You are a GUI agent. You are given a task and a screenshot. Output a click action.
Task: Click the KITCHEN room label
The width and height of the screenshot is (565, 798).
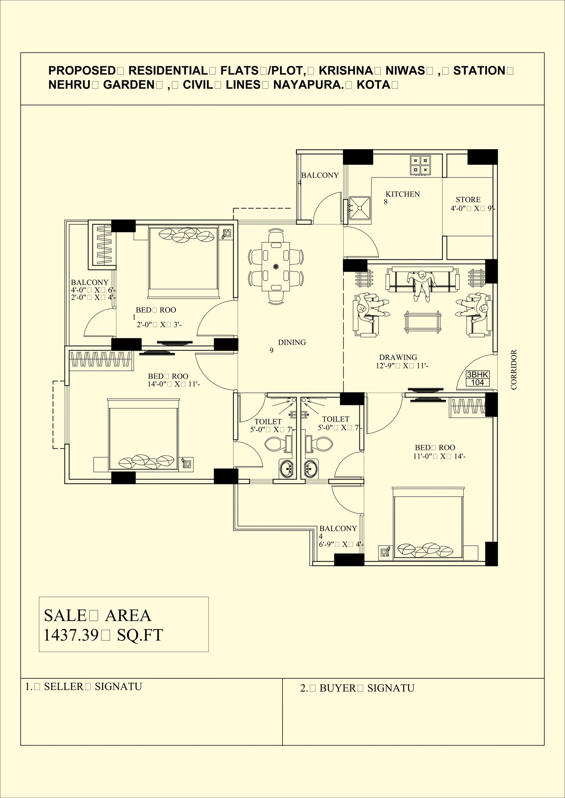(x=403, y=194)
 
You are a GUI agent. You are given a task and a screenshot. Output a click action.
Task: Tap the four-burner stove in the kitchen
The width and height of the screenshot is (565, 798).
(x=420, y=165)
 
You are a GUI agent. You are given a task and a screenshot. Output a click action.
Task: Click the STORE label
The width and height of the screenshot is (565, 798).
(x=468, y=200)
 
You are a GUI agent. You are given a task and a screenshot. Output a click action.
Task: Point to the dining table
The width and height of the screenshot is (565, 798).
(x=276, y=266)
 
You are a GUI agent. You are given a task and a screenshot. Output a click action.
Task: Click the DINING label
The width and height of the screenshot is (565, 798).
(x=292, y=342)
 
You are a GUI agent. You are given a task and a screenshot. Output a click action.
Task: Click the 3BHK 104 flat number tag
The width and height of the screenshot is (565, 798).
(x=478, y=379)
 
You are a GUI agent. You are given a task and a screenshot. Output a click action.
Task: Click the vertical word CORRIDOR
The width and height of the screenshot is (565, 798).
(x=513, y=369)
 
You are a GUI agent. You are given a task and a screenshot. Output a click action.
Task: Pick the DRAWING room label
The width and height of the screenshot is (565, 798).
(x=398, y=357)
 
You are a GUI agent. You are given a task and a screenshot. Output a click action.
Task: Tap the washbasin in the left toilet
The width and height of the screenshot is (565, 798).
(x=286, y=469)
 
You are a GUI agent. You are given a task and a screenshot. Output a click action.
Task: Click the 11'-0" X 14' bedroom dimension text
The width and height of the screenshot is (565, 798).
(x=439, y=456)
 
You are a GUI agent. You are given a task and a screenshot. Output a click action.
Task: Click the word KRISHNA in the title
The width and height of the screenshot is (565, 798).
(x=345, y=71)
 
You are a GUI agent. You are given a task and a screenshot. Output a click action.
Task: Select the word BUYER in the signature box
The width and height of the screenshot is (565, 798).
(x=338, y=688)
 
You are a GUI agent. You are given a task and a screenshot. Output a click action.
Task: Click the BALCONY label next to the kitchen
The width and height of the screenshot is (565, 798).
(x=320, y=175)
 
